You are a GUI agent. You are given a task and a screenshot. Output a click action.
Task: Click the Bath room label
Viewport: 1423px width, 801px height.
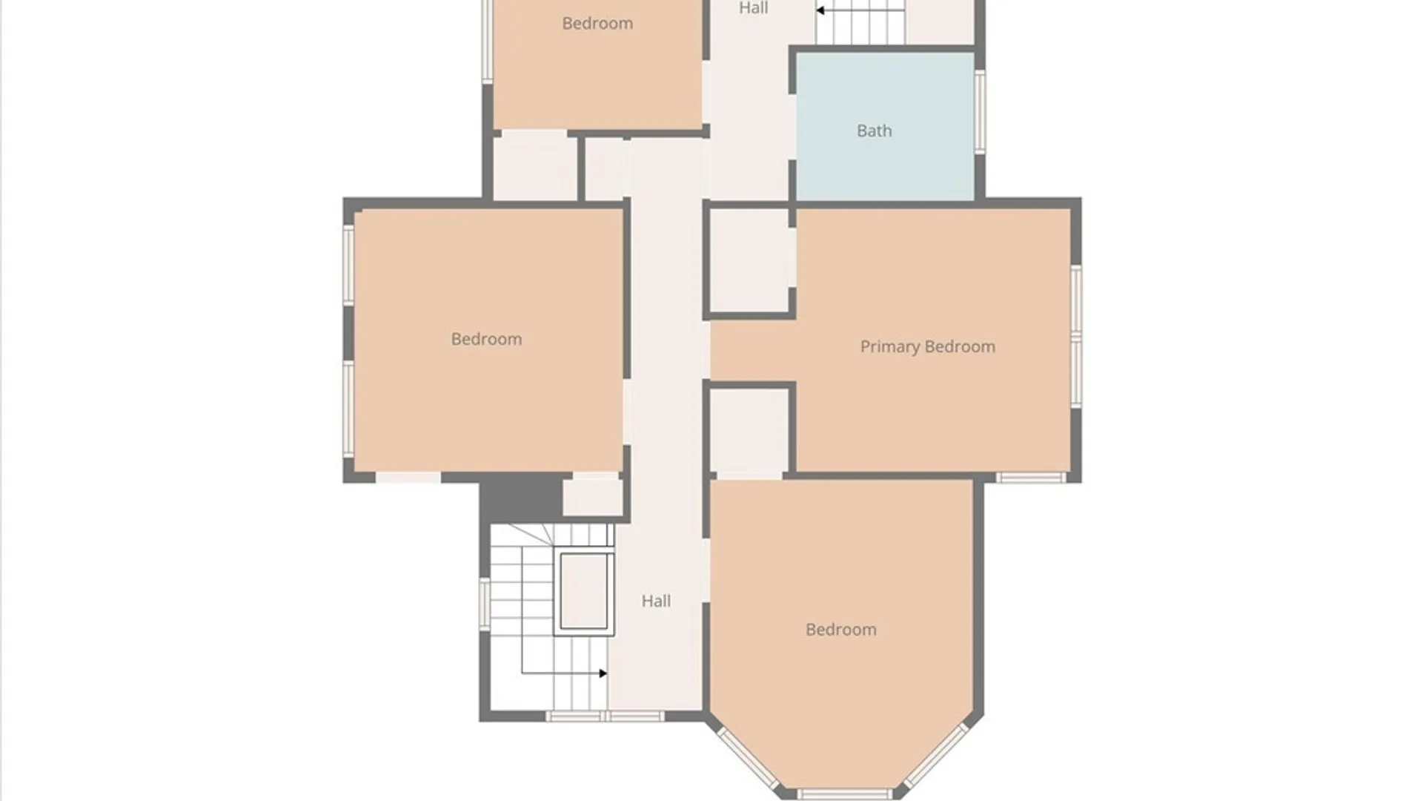click(874, 131)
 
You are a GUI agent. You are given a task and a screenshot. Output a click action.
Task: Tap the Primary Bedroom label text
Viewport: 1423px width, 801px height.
click(927, 346)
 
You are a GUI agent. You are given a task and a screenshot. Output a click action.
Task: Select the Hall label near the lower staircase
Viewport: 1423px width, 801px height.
click(656, 601)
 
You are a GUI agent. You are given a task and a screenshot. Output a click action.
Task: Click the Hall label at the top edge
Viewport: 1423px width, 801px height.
click(753, 7)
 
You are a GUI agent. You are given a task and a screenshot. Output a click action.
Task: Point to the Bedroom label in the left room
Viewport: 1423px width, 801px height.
click(486, 339)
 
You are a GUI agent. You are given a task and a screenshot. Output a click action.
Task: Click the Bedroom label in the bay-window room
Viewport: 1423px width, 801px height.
click(840, 630)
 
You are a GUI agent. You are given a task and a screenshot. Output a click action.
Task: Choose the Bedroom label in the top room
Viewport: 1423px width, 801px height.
click(597, 23)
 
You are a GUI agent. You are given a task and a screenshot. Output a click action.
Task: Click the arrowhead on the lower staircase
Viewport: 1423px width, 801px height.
click(603, 673)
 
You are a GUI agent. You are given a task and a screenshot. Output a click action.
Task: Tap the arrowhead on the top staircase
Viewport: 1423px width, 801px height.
click(820, 10)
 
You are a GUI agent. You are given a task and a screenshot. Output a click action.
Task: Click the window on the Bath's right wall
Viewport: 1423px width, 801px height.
click(980, 112)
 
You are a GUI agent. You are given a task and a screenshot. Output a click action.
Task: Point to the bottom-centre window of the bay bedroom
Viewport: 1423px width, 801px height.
click(844, 794)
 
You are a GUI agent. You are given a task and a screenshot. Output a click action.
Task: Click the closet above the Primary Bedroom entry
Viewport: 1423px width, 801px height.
click(749, 260)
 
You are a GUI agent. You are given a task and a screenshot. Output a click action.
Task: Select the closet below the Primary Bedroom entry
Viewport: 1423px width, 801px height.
click(749, 430)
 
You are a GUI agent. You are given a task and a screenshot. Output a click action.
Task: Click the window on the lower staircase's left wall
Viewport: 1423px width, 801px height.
click(485, 604)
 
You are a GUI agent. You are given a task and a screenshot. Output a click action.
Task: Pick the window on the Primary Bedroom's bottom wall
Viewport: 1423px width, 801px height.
click(1031, 478)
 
